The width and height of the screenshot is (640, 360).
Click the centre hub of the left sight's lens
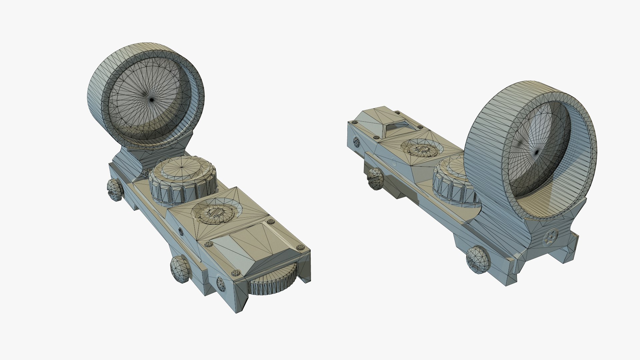(x=152, y=99)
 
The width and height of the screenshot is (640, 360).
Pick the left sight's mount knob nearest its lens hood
(x=115, y=191)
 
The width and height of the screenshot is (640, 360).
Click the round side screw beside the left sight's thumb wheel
(x=221, y=283)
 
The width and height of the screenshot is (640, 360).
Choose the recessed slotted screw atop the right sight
(x=422, y=150)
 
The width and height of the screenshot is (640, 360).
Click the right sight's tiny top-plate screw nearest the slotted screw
(x=419, y=128)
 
